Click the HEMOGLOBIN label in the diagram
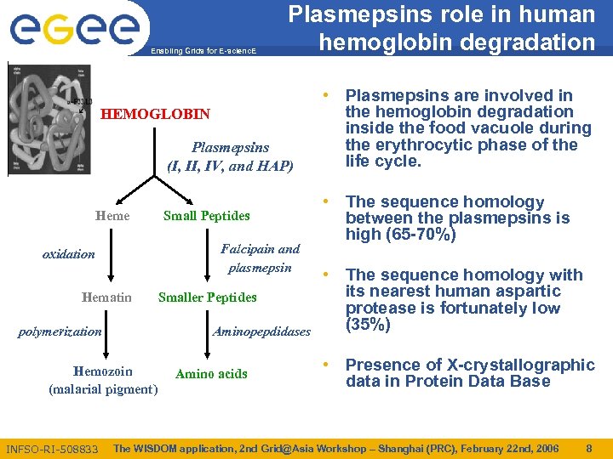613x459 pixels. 155,114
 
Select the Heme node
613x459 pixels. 112,216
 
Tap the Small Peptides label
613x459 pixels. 206,216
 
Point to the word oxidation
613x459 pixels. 69,254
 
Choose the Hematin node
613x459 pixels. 106,297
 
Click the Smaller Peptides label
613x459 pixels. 207,297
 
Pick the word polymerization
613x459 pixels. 60,331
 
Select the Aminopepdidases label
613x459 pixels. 261,331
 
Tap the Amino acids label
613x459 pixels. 211,373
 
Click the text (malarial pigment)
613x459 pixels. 103,389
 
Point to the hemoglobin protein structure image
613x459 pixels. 48,119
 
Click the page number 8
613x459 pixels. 588,448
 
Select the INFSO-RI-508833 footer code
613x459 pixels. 52,449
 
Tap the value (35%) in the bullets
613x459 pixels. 368,325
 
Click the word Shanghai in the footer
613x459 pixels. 391,448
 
